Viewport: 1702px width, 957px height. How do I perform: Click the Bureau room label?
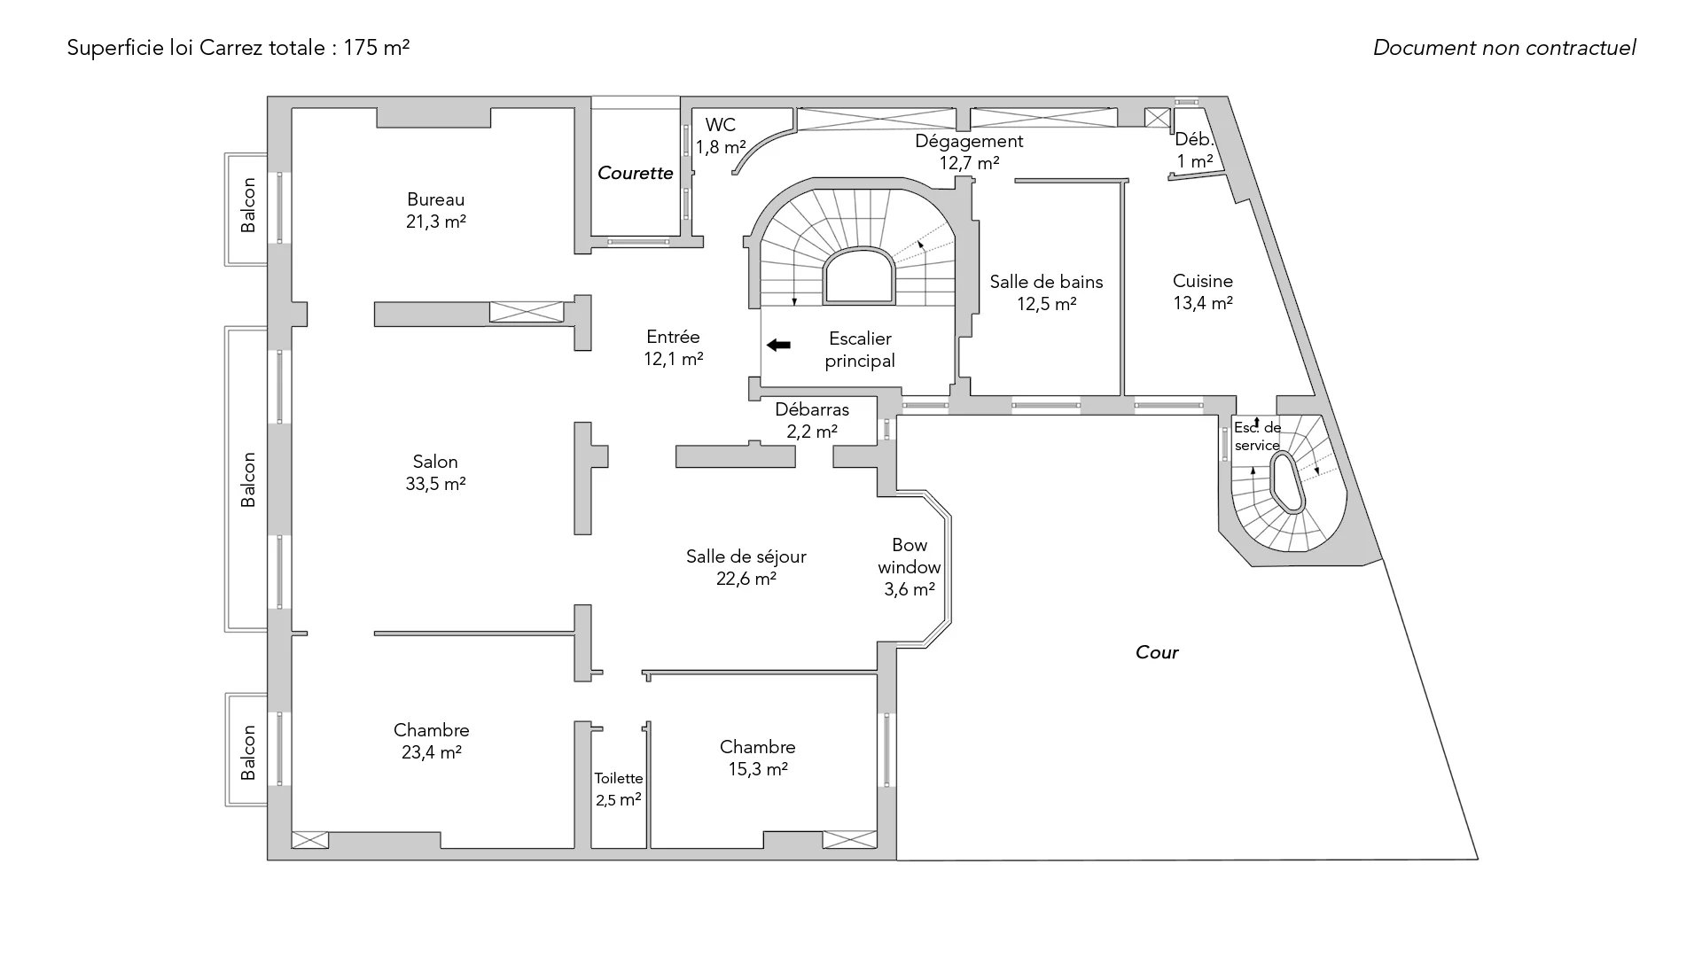[435, 210]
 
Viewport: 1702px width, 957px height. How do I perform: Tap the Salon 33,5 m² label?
[435, 472]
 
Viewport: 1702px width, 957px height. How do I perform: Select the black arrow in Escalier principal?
[778, 345]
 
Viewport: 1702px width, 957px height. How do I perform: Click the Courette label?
[635, 173]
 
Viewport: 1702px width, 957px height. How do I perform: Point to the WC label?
[720, 126]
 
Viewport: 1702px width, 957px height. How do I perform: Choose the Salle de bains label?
[1046, 292]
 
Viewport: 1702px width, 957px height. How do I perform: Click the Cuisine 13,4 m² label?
[1202, 292]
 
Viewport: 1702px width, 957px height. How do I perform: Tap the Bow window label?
[910, 566]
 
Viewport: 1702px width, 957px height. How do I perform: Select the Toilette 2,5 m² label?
[619, 789]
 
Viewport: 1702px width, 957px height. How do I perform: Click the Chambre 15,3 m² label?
[757, 758]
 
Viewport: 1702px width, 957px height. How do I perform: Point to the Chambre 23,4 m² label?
[432, 741]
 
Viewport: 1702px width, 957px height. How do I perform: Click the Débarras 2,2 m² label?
[812, 420]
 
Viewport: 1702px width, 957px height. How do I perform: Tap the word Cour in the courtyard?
[1157, 652]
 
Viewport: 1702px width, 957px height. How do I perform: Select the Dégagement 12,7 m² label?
[969, 152]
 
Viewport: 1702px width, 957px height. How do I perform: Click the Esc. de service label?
[1257, 437]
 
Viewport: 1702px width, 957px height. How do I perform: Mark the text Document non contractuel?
[1504, 48]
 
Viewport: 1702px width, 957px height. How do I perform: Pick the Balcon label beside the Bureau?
[248, 206]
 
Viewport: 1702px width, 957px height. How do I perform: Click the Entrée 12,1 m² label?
[673, 347]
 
